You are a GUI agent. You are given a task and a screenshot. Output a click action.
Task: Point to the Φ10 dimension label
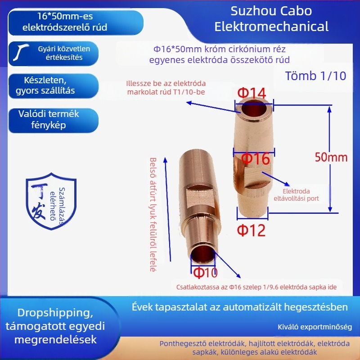click(205, 272)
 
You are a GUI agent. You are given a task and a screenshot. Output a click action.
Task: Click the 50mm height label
click(332, 157)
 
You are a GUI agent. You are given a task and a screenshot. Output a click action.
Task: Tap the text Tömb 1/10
click(316, 76)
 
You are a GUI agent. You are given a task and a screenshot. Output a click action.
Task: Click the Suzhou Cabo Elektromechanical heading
click(272, 18)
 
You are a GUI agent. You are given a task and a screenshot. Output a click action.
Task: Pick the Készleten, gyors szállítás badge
click(49, 85)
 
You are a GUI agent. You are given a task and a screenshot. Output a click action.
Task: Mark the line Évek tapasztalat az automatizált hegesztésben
click(239, 307)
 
